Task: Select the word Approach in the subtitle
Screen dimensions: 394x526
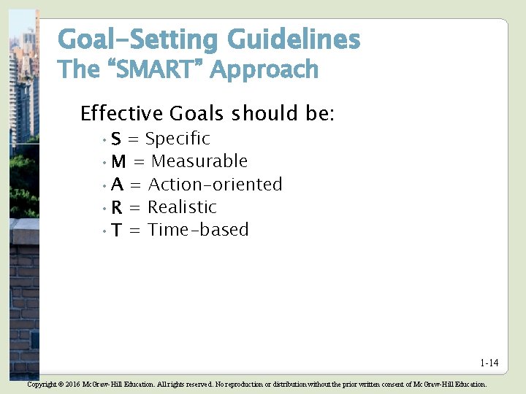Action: pyautogui.click(x=265, y=71)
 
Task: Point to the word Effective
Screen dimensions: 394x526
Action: pyautogui.click(x=121, y=114)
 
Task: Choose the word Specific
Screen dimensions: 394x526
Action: pyautogui.click(x=178, y=139)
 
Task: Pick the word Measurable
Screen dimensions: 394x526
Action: pyautogui.click(x=199, y=161)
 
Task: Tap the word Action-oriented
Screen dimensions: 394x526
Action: pyautogui.click(x=216, y=185)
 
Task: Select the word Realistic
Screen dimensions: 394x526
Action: pyautogui.click(x=183, y=207)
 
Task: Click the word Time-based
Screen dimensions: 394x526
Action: pyautogui.click(x=199, y=230)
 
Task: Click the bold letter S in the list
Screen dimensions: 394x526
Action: pyautogui.click(x=117, y=139)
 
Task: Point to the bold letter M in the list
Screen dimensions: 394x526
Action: pyautogui.click(x=119, y=162)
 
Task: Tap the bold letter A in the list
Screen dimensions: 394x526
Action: pyautogui.click(x=118, y=185)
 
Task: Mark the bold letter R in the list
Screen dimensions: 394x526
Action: pyautogui.click(x=117, y=208)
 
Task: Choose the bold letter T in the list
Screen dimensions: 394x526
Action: pyautogui.click(x=117, y=231)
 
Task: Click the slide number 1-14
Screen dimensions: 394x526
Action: pyautogui.click(x=489, y=363)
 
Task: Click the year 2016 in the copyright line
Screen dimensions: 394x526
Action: pyautogui.click(x=72, y=384)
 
